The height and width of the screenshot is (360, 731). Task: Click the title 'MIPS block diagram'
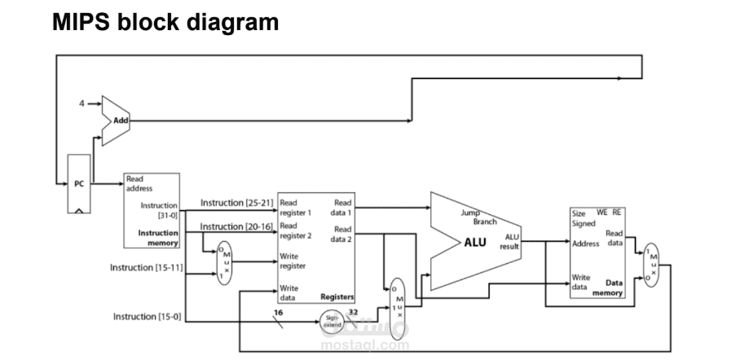point(165,23)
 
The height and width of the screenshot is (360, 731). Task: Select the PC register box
point(79,184)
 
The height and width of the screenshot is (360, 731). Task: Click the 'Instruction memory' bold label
point(159,237)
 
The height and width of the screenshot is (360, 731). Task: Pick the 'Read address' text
point(139,183)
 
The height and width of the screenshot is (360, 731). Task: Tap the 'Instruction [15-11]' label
point(146,267)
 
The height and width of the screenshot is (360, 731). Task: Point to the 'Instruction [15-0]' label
point(146,316)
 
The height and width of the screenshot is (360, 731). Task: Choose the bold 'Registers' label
point(337,298)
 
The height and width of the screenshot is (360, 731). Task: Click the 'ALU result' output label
point(512,241)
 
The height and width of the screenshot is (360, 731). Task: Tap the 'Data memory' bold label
point(608,287)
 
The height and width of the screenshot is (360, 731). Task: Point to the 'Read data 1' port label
point(342,205)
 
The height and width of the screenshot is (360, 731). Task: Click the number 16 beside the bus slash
point(278,312)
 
